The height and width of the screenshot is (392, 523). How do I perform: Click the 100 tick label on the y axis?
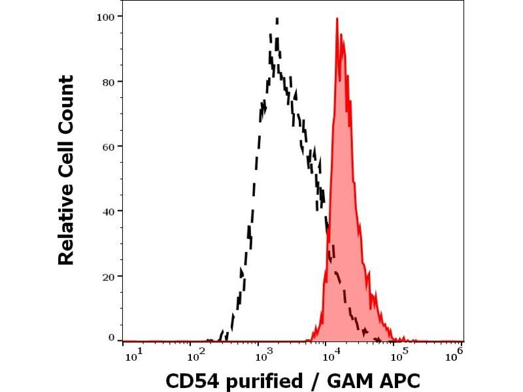(x=106, y=16)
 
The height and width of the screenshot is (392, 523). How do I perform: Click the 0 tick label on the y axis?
(x=111, y=338)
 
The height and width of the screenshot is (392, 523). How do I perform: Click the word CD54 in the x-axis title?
(x=191, y=380)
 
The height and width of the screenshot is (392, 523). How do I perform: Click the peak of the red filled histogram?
(x=337, y=19)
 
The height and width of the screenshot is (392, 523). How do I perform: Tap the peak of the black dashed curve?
(x=277, y=19)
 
